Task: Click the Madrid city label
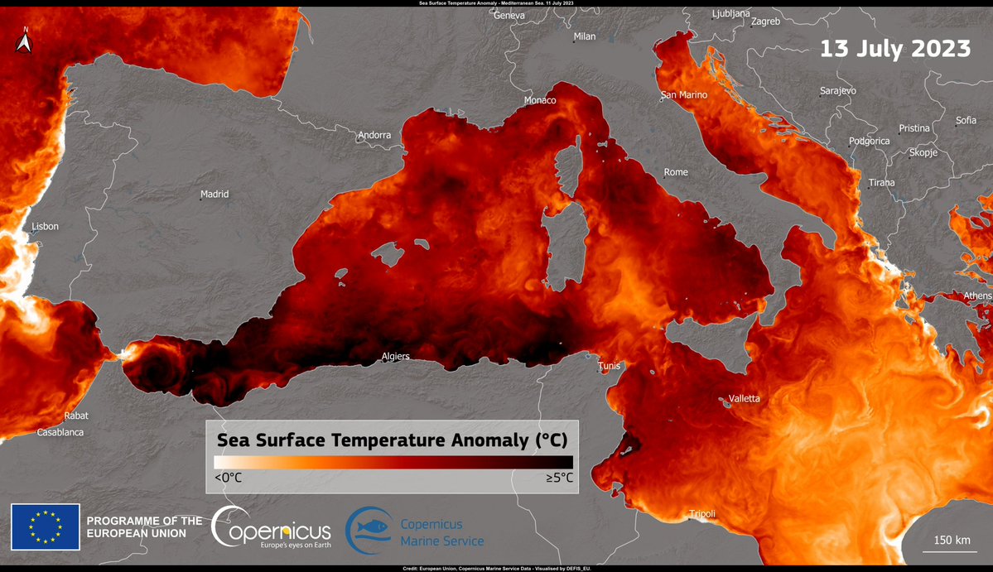click(215, 195)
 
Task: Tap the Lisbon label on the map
click(46, 226)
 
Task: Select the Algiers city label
click(395, 357)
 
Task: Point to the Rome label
click(676, 172)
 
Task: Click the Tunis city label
click(610, 367)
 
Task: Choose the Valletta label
click(744, 398)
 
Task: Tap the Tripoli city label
click(701, 514)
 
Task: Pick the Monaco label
click(540, 100)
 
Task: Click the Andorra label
click(374, 135)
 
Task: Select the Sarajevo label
click(838, 90)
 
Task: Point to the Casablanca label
click(60, 432)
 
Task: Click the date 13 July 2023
click(895, 48)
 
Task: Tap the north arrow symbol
click(25, 41)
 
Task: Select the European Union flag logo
click(46, 527)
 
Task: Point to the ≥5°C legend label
click(558, 478)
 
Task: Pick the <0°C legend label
click(228, 478)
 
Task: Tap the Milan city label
click(585, 36)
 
